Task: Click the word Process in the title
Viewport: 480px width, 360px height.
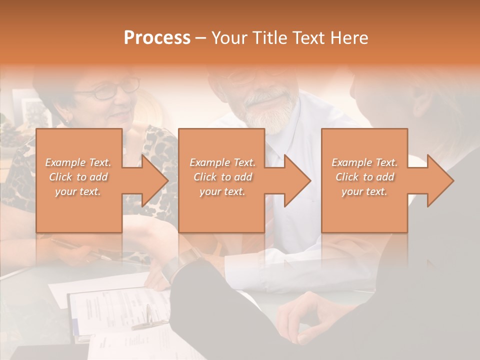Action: (x=157, y=38)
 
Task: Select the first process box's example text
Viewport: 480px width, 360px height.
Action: (x=78, y=177)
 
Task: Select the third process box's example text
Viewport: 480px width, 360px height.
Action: (x=364, y=177)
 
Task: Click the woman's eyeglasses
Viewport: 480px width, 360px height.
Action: (x=112, y=90)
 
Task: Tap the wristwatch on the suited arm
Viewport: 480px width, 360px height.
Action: (x=185, y=260)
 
